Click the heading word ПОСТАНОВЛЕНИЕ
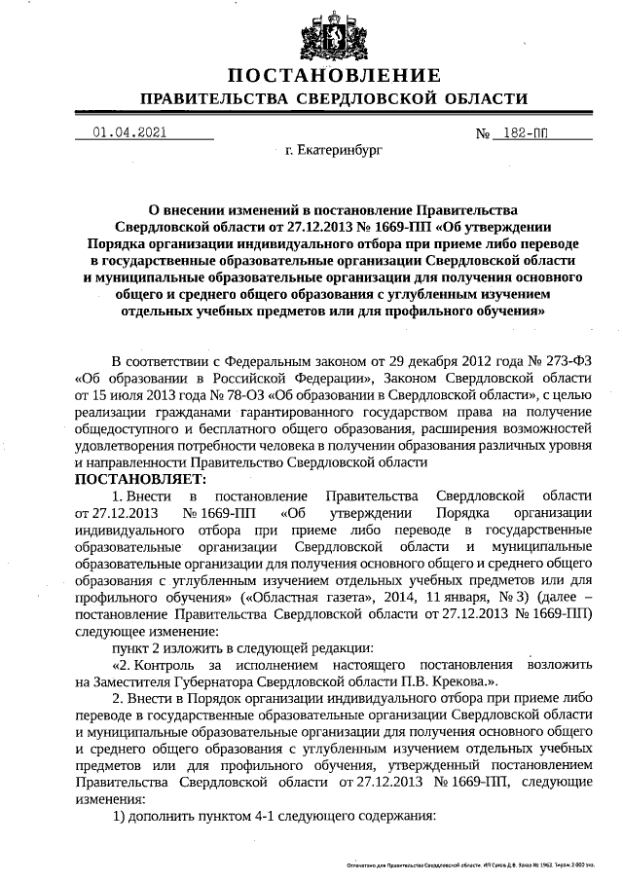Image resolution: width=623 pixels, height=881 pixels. (334, 76)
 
